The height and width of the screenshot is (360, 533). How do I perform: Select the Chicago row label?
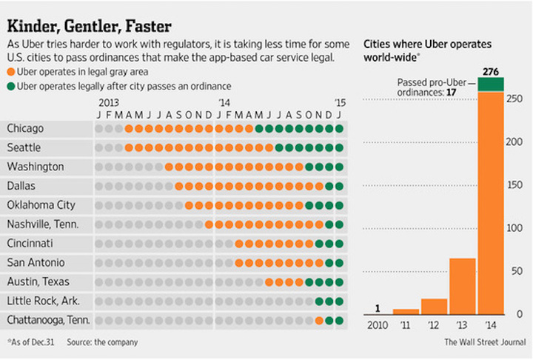click(24, 128)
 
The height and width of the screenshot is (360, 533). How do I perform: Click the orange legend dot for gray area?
click(10, 73)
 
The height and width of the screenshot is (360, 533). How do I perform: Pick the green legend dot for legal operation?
click(10, 87)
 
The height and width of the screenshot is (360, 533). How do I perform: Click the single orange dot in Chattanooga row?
click(319, 320)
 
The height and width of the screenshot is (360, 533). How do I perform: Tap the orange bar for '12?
click(434, 306)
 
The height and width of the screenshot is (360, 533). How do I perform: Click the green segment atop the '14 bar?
click(491, 84)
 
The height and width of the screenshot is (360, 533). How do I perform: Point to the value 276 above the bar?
click(491, 70)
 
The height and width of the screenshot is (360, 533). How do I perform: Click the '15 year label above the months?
click(339, 103)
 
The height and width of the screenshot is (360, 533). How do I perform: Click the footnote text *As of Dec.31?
click(32, 342)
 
